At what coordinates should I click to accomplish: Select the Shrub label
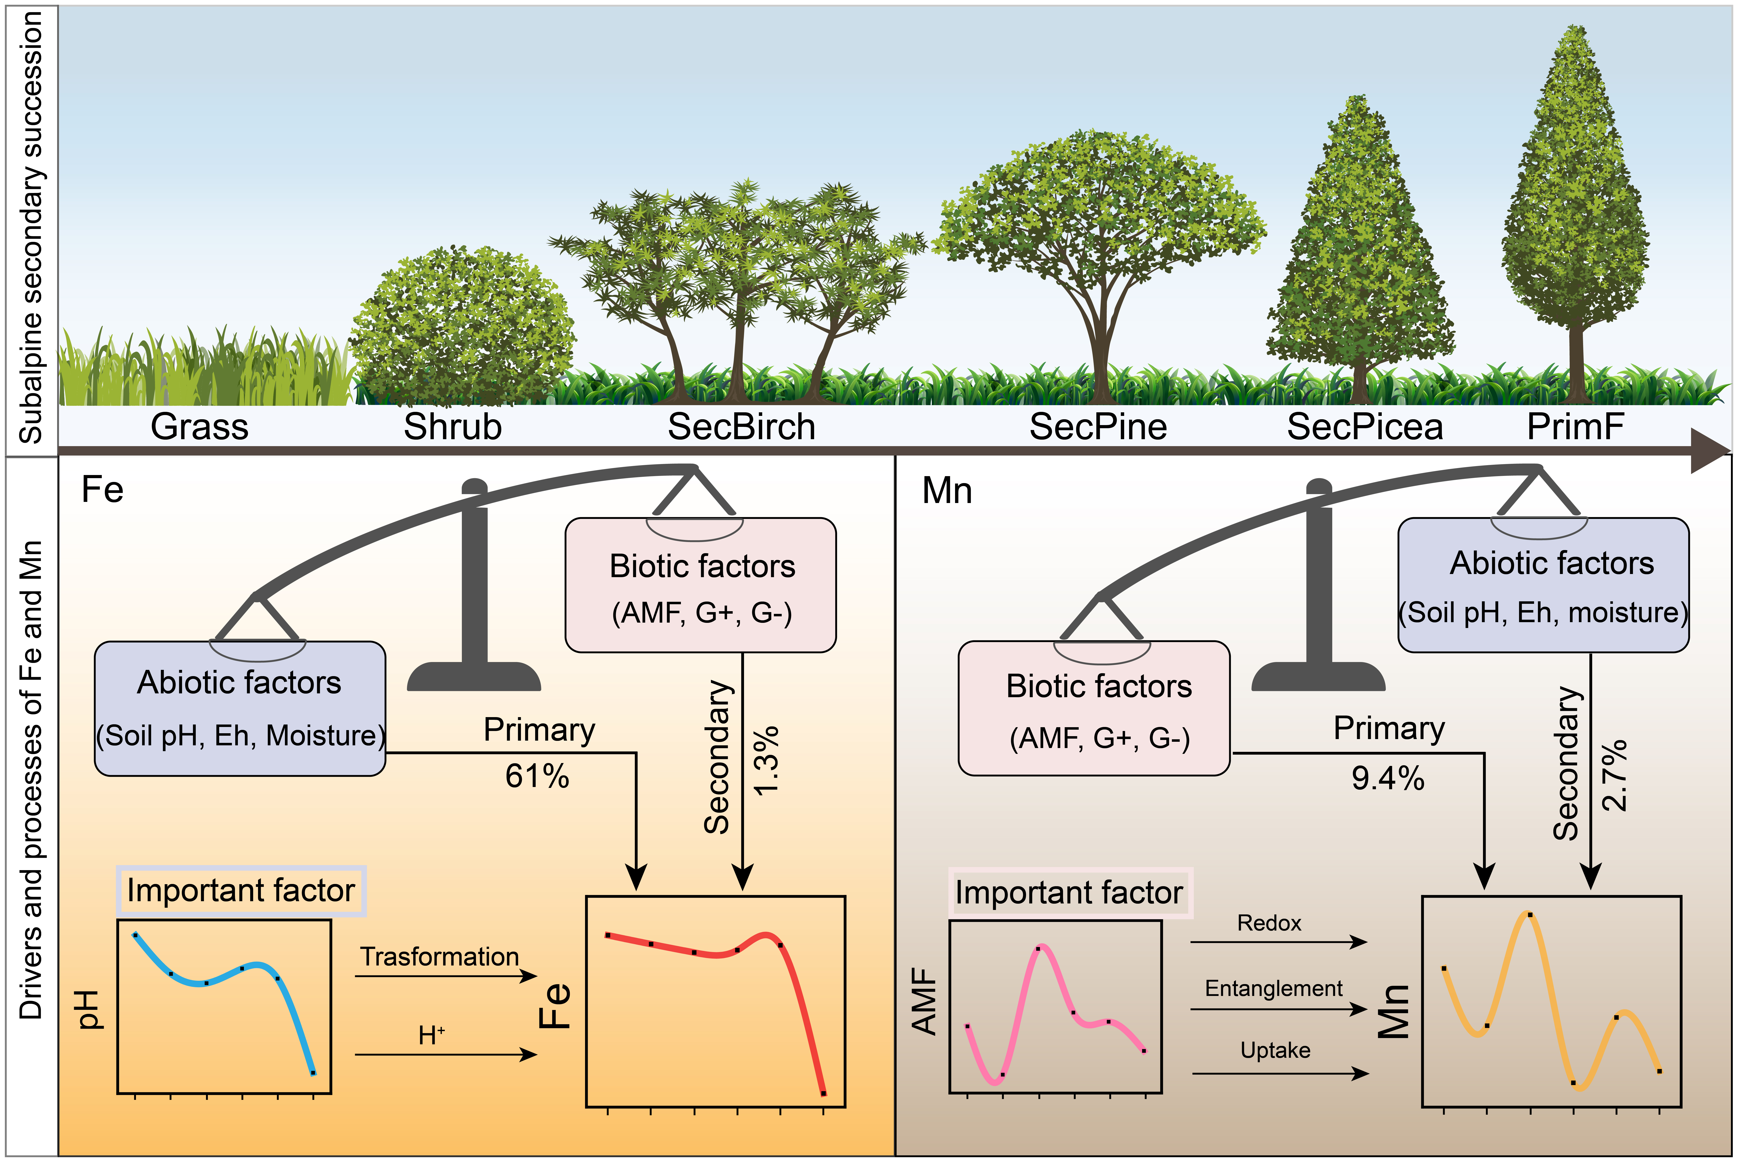[452, 427]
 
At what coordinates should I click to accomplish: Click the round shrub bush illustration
[462, 326]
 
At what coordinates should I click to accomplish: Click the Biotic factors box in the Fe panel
[700, 585]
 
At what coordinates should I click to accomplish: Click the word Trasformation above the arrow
[440, 957]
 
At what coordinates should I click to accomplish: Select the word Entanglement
[1273, 989]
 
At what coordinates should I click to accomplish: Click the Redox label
[1269, 923]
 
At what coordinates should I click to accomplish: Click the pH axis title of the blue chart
[90, 1009]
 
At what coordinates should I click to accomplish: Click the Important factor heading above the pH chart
[241, 891]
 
